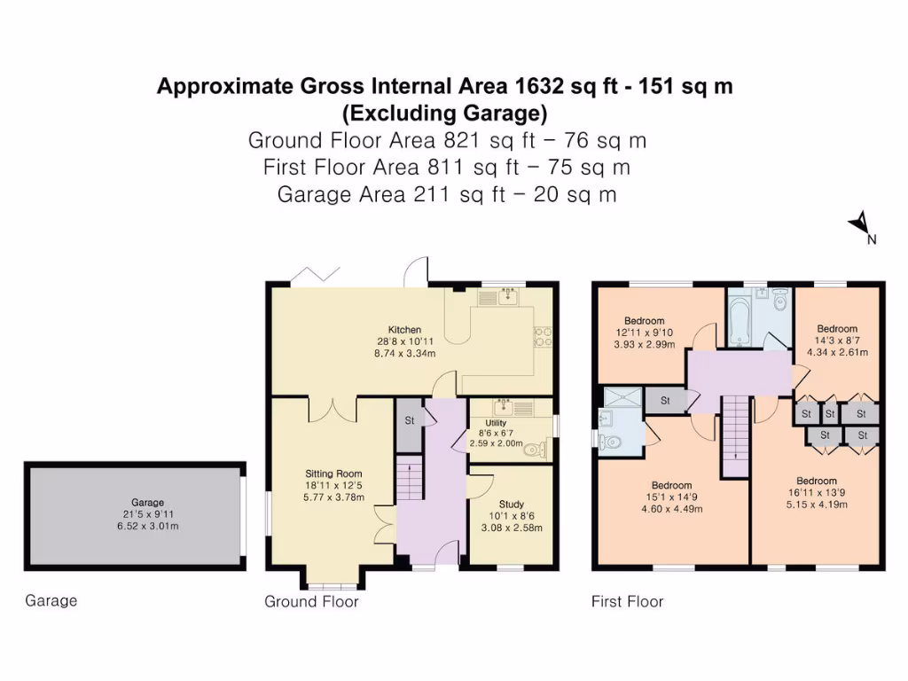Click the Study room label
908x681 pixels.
pyautogui.click(x=512, y=504)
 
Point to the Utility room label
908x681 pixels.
pyautogui.click(x=495, y=424)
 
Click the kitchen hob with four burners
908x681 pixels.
pyautogui.click(x=542, y=336)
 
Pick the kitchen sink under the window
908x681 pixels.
pyautogui.click(x=507, y=295)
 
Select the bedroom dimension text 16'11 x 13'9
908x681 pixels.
pyautogui.click(x=791, y=493)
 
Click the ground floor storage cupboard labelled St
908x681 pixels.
pyautogui.click(x=410, y=420)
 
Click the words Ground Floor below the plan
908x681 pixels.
pyautogui.click(x=311, y=602)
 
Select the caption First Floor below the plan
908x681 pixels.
pyautogui.click(x=627, y=602)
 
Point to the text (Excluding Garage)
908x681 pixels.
pyautogui.click(x=444, y=113)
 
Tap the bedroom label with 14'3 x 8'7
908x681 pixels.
pyautogui.click(x=837, y=329)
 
